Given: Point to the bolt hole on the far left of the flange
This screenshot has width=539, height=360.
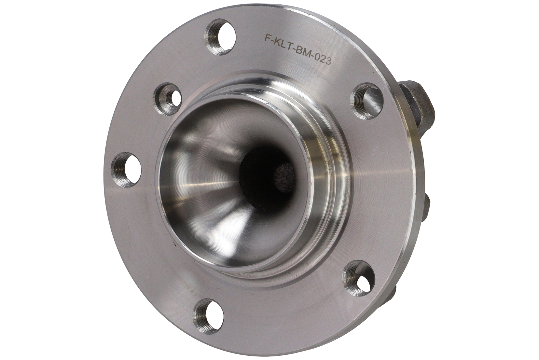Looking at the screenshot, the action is point(126,169).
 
